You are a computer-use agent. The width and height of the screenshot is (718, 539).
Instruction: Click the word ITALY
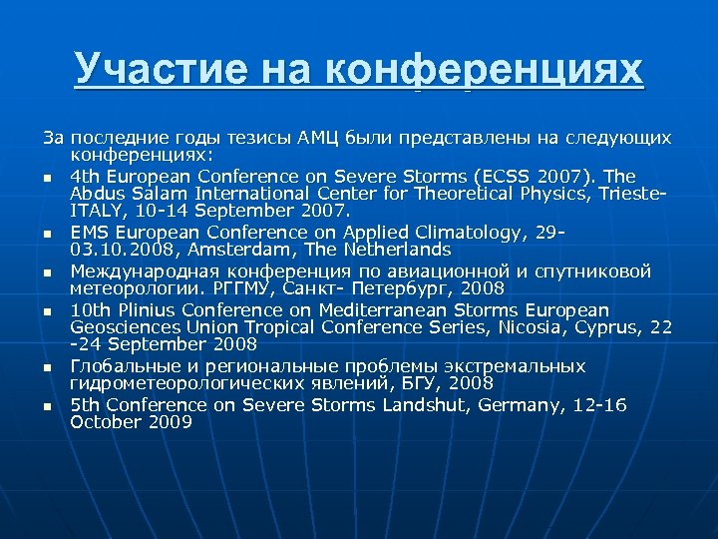tap(96, 211)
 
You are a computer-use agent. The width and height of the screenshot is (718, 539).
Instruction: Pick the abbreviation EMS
tap(90, 232)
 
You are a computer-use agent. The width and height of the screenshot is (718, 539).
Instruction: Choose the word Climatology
tap(477, 232)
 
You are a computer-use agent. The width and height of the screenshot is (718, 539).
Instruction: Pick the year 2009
tap(170, 422)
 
